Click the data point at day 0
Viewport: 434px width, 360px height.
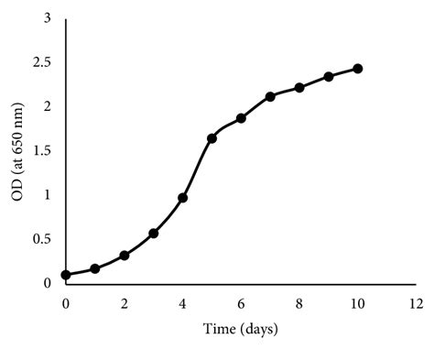point(66,275)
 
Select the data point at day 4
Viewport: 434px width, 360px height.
point(182,198)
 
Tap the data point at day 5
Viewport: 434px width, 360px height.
point(212,138)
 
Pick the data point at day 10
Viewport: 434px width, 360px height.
point(358,69)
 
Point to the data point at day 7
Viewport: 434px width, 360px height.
point(270,96)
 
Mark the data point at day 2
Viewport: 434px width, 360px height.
point(125,256)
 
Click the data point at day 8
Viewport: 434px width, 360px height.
point(299,88)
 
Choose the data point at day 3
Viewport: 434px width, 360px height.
point(154,234)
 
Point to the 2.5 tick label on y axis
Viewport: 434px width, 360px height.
point(41,63)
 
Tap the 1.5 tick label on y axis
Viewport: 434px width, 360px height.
point(41,151)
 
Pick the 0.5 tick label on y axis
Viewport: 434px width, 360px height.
point(41,239)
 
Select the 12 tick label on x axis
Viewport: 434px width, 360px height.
point(417,301)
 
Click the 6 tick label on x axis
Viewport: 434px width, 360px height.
point(241,301)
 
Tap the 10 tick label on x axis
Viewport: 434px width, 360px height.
point(358,301)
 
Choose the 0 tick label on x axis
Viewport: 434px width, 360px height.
point(66,301)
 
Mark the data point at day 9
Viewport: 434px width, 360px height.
point(329,77)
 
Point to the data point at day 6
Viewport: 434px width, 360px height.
point(241,118)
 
